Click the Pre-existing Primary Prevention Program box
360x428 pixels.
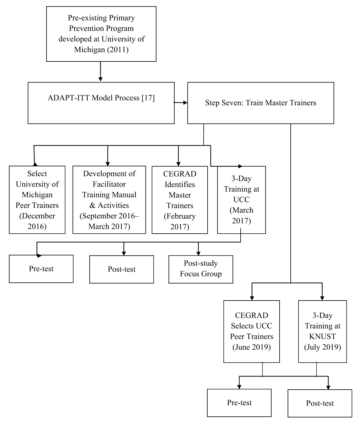pyautogui.click(x=101, y=34)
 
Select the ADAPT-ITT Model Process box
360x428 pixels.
pyautogui.click(x=101, y=103)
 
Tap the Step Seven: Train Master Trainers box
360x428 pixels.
pyautogui.click(x=260, y=103)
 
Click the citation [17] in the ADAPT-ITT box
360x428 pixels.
pyautogui.click(x=148, y=98)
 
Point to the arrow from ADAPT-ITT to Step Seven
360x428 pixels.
pyautogui.click(x=181, y=103)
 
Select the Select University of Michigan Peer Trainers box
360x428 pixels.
pyautogui.click(x=37, y=200)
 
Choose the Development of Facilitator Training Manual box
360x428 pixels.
pyautogui.click(x=109, y=200)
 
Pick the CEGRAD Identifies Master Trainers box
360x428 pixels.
pyautogui.click(x=180, y=200)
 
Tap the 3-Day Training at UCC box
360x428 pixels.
pyautogui.click(x=241, y=200)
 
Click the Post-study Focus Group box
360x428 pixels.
pyautogui.click(x=201, y=269)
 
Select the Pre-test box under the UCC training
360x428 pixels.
pyautogui.click(x=41, y=269)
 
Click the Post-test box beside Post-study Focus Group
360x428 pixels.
pyautogui.click(x=121, y=269)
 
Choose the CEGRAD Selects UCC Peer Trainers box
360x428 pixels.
pyautogui.click(x=251, y=331)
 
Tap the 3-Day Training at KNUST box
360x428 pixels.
pyautogui.click(x=322, y=331)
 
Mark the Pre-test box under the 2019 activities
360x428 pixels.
pyautogui.click(x=239, y=403)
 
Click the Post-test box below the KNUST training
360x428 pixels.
pyautogui.click(x=320, y=403)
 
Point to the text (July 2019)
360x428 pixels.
pyautogui.click(x=322, y=347)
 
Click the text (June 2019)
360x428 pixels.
pyautogui.click(x=251, y=347)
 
